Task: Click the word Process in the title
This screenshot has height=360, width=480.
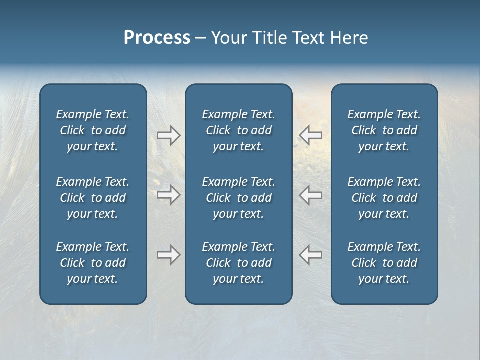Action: point(157,38)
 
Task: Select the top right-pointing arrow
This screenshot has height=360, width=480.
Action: point(168,135)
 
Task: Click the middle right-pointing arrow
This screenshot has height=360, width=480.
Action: point(168,195)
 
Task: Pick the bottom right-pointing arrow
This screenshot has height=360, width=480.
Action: point(168,255)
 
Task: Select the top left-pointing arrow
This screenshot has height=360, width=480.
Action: point(310,135)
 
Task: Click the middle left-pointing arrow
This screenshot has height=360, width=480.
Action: point(310,195)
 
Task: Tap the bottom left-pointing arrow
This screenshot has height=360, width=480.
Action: point(310,254)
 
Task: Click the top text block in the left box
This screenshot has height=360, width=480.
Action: point(93,130)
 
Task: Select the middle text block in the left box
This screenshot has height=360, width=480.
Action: point(93,198)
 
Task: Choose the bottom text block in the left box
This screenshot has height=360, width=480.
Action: point(93,263)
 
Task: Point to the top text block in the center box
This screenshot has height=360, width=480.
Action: point(239,130)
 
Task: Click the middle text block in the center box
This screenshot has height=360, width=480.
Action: point(239,198)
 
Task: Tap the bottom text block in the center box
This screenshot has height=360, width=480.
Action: point(239,263)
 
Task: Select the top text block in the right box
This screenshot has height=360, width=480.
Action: point(384,130)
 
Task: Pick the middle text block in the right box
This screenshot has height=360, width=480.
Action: point(384,198)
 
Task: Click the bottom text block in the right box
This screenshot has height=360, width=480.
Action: point(384,263)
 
